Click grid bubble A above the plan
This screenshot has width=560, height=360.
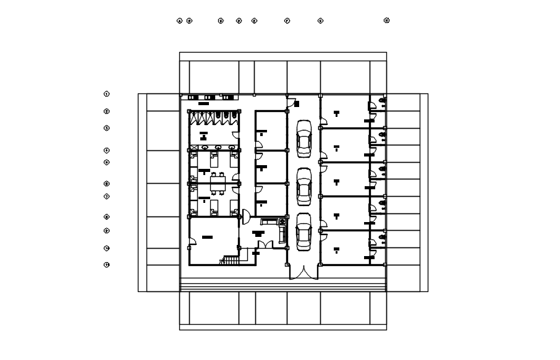coord(180,20)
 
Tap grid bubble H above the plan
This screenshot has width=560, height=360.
coord(387,20)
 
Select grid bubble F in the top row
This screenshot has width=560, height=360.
coord(287,20)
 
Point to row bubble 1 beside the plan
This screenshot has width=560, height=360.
coord(107,94)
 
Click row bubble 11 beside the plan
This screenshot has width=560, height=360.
coord(107,265)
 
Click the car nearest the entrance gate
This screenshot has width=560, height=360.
coord(303,231)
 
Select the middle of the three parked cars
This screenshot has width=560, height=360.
coord(303,187)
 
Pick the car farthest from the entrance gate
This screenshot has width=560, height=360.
coord(303,137)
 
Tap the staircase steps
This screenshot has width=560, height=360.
coord(230,260)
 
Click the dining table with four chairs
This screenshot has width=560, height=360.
coord(217,183)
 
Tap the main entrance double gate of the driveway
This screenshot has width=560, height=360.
coord(303,272)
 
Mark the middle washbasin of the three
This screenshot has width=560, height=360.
coord(210,98)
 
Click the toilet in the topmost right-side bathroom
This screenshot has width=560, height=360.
coord(382,100)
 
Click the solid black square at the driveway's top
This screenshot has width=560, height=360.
coord(297,104)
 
